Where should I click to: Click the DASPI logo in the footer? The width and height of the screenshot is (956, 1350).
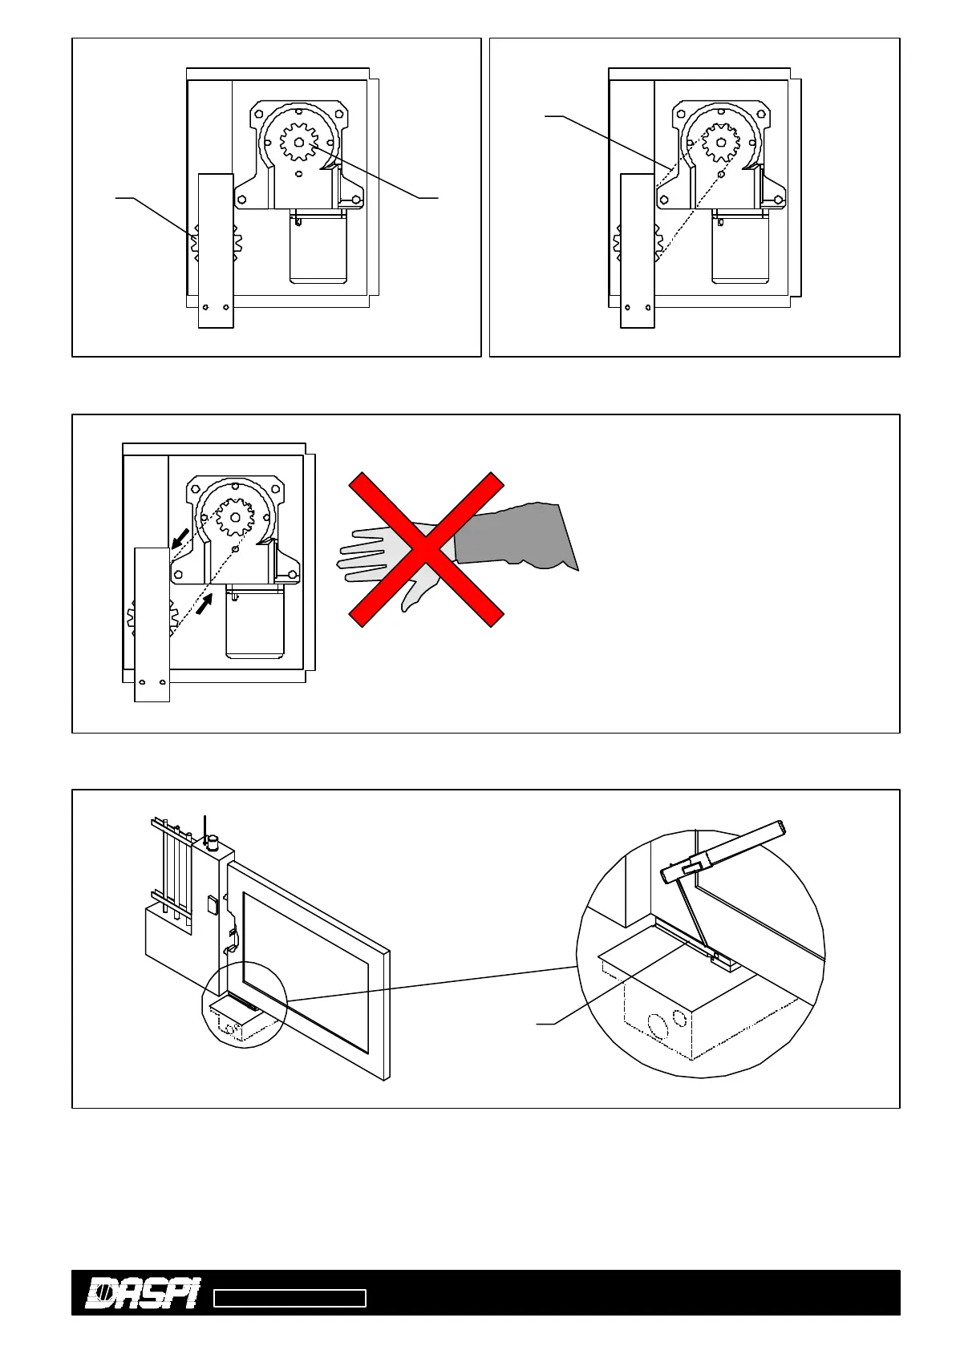click(x=142, y=1292)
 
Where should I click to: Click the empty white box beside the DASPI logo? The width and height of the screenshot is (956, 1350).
click(x=290, y=1299)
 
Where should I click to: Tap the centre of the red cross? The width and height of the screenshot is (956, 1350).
click(x=426, y=549)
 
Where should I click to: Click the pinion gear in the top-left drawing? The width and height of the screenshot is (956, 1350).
click(x=299, y=143)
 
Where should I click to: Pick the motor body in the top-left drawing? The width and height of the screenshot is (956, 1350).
click(x=318, y=249)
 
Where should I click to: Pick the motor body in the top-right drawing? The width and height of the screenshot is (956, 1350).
click(x=740, y=249)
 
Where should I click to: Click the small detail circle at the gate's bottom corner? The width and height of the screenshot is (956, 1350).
click(x=243, y=1004)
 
